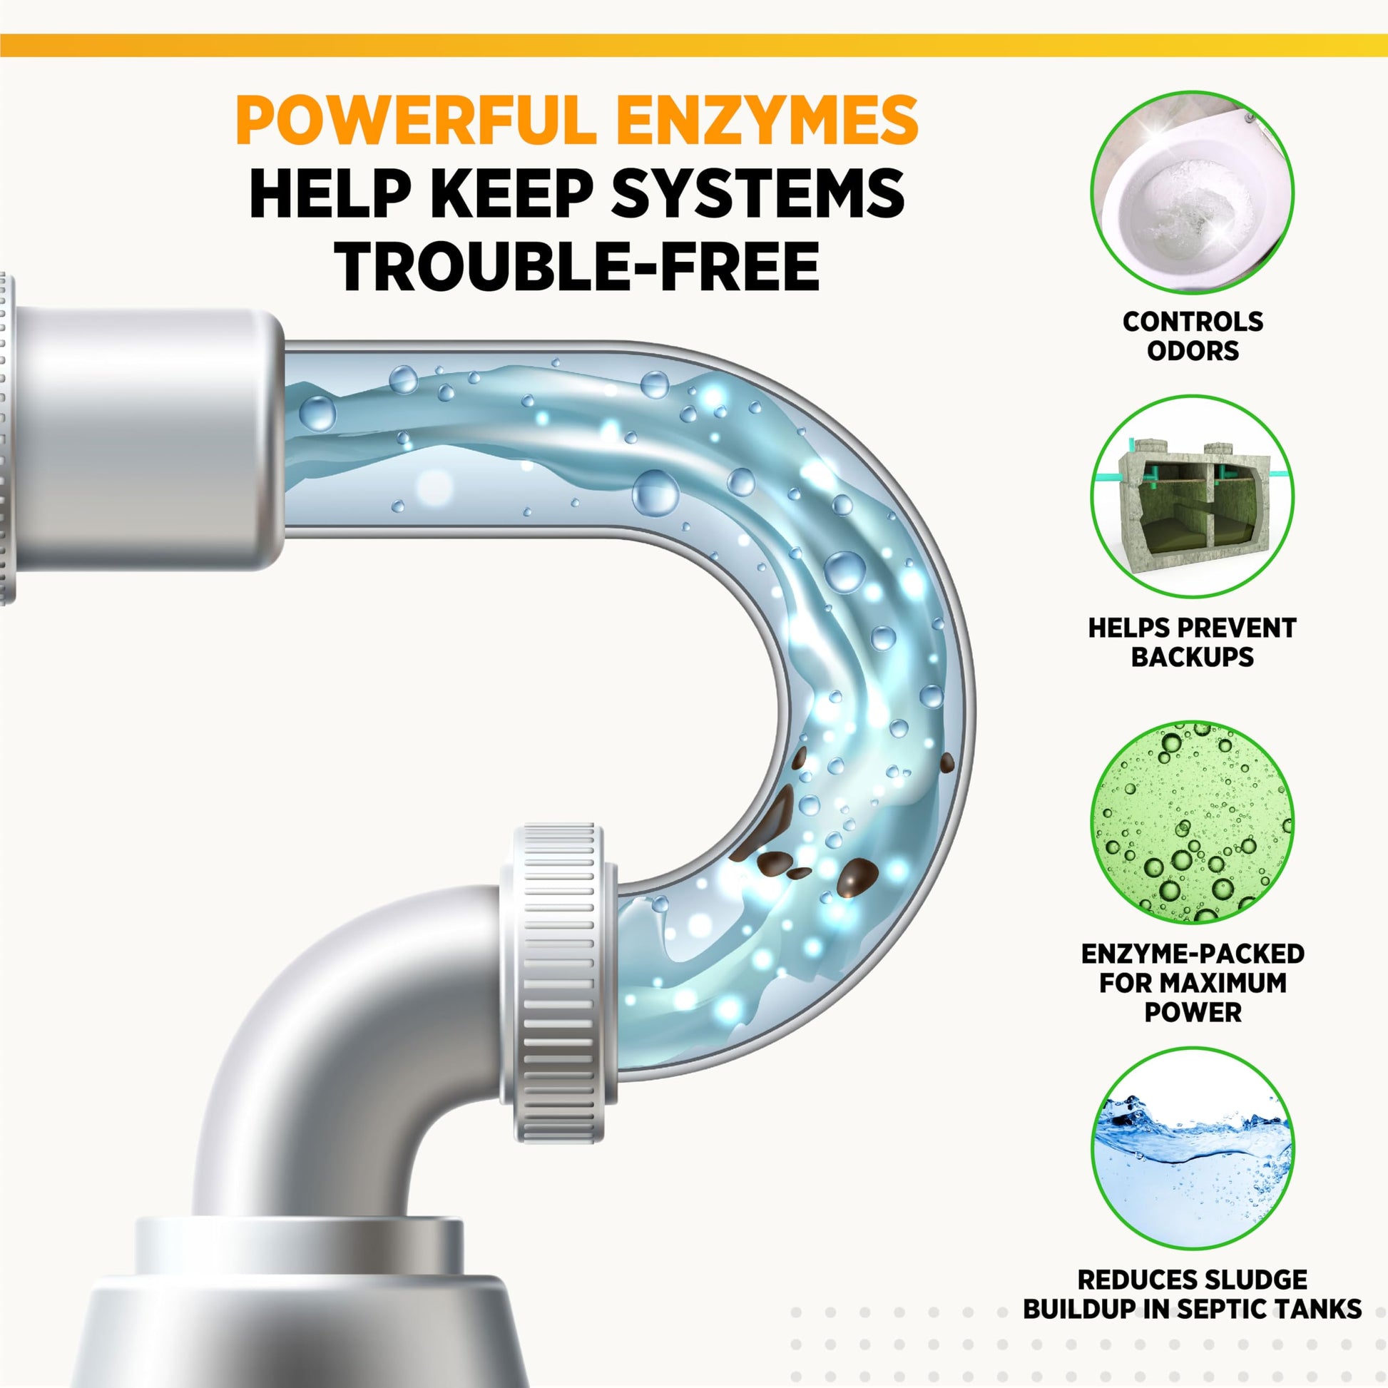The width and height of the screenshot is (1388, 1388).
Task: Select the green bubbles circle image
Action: point(1193,822)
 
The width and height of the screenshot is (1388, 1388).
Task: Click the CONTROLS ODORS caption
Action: point(1193,335)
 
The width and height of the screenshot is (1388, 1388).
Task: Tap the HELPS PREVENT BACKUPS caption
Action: point(1193,642)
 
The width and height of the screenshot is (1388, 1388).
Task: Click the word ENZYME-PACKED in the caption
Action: point(1193,954)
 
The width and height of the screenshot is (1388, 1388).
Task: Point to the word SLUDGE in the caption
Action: point(1252,1280)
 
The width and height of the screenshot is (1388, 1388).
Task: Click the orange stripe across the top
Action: point(694,45)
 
